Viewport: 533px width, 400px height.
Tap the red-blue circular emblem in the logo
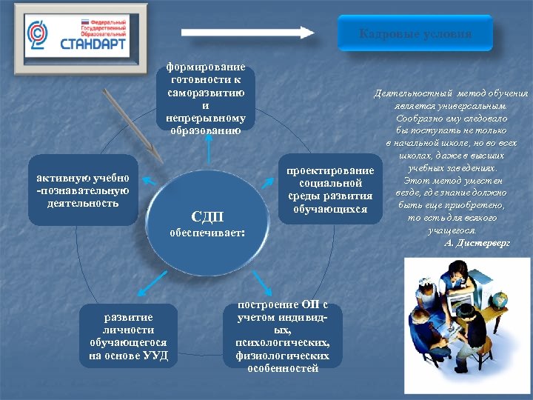38,32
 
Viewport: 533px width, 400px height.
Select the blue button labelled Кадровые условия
415,34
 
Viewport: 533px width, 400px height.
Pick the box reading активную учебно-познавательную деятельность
83,190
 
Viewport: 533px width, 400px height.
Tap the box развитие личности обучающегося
129,336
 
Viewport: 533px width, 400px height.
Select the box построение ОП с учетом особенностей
283,336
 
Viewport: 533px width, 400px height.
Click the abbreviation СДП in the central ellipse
207,216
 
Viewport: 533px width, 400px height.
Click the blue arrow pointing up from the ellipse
209,150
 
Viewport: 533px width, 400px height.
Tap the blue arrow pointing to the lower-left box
152,281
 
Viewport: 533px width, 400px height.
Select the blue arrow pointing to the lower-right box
263,281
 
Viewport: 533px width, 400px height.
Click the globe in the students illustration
500,301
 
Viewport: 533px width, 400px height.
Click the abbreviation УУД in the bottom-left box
158,356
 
